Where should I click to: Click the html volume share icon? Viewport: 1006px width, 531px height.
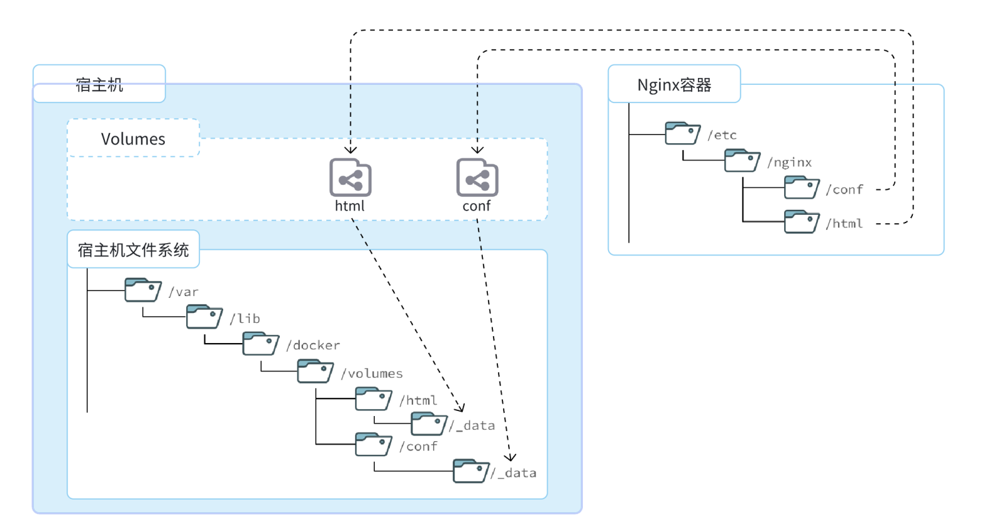pos(350,177)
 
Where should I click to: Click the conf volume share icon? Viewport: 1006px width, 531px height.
pos(477,177)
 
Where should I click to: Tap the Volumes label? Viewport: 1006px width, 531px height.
pos(133,139)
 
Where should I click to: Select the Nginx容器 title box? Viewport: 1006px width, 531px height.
pos(674,84)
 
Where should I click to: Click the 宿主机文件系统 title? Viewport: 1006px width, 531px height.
pos(133,249)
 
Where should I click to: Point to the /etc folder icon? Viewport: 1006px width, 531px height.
pos(682,133)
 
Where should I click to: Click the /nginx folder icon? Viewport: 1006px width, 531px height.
pos(742,160)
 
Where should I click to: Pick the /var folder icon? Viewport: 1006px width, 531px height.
pos(143,290)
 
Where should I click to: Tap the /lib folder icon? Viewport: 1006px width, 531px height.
pos(204,317)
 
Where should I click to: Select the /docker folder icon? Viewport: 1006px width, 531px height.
pos(260,343)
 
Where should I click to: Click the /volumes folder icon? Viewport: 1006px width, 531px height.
pos(315,371)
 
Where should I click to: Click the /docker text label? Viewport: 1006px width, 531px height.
pos(313,345)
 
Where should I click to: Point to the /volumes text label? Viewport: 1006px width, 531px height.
pos(372,373)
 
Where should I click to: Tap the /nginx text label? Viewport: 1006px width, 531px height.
pos(789,162)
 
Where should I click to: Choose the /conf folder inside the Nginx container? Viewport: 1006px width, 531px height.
pos(802,187)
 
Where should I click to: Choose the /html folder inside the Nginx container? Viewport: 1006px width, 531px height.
pos(802,221)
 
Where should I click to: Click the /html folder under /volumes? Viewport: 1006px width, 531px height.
pos(373,398)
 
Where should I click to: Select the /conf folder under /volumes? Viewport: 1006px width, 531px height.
pos(373,444)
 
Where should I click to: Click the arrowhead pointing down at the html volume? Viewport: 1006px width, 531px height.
pos(351,150)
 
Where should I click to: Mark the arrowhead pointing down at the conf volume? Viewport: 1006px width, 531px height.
pos(477,150)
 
